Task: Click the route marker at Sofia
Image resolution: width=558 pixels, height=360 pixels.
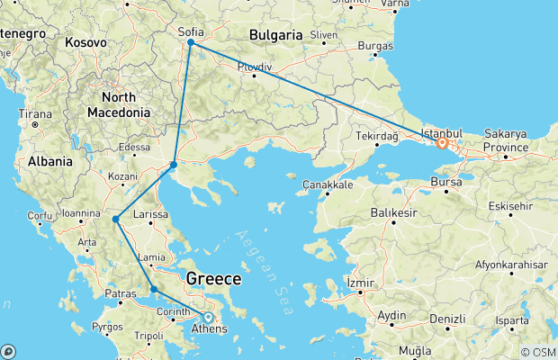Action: (191, 42)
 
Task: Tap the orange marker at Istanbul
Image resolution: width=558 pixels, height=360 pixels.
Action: (443, 143)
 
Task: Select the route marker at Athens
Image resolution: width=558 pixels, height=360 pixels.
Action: (208, 317)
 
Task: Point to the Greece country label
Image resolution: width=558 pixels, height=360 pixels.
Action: (213, 280)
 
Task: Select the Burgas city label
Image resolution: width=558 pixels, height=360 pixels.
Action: (374, 45)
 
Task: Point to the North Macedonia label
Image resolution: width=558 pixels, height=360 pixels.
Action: (118, 104)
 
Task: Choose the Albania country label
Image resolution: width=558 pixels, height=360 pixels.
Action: (49, 161)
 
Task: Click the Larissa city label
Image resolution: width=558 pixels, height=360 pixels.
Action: (151, 215)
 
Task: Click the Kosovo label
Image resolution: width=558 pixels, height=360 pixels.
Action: (85, 42)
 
